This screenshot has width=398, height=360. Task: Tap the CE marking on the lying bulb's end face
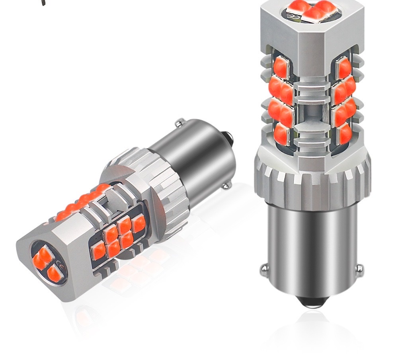[60, 266]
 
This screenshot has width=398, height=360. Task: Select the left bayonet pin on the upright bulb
[263, 271]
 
